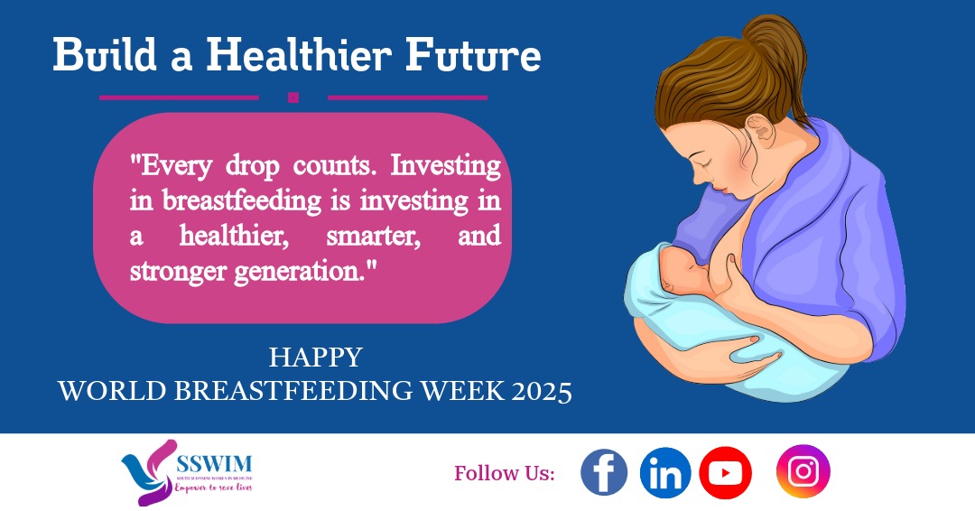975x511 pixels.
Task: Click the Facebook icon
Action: [604, 473]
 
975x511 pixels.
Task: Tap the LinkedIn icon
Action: [665, 473]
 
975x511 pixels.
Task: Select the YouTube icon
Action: [725, 473]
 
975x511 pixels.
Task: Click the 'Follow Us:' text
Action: [505, 473]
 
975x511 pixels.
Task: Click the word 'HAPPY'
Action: [315, 358]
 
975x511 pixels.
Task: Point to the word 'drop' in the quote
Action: [241, 167]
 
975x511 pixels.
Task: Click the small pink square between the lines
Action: [292, 98]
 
